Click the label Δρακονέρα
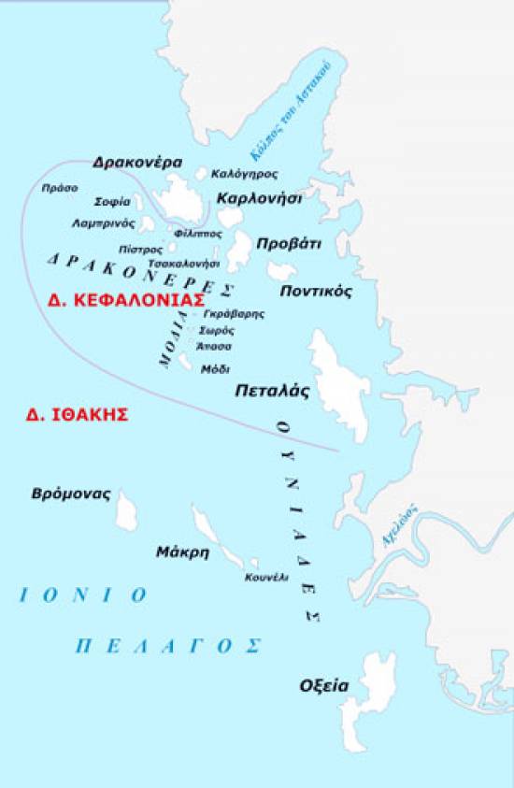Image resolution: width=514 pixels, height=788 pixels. coord(136,162)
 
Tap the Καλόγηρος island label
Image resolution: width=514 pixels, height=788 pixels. coord(244,175)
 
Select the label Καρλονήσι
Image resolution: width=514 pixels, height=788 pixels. coord(259,198)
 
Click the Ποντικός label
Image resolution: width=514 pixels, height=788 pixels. coord(316,291)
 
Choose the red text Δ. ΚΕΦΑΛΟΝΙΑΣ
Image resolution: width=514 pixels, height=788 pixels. coord(125,301)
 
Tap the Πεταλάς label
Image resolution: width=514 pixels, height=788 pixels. coord(271,392)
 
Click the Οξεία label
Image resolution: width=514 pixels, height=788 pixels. coord(324,685)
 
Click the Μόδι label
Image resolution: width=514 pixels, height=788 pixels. coord(215,369)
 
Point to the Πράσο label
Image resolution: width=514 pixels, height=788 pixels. coord(60,188)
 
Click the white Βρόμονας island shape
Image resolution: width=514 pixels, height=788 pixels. coord(125,510)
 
